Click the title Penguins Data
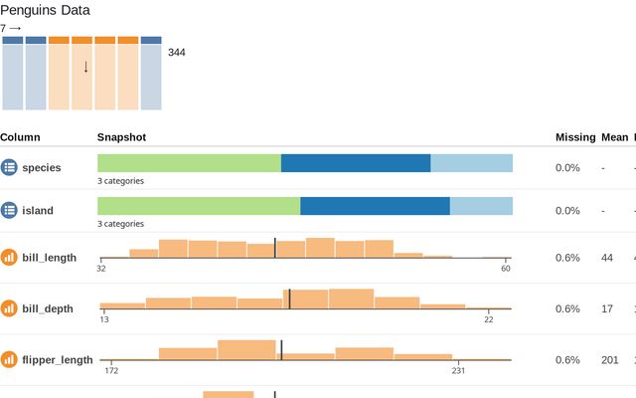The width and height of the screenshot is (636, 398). click(x=45, y=11)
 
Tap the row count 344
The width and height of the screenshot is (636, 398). click(x=176, y=53)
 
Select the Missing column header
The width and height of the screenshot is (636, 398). click(x=574, y=137)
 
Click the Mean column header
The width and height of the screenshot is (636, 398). click(x=614, y=137)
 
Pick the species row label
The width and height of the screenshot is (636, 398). click(x=42, y=168)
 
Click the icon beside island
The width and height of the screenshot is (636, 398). click(x=9, y=211)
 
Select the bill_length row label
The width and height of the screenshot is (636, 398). click(x=49, y=258)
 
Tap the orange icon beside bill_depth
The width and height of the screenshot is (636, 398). click(x=9, y=308)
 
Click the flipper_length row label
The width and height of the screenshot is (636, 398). click(x=58, y=359)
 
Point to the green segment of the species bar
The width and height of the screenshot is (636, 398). click(x=189, y=163)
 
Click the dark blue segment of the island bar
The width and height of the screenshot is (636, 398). click(x=375, y=206)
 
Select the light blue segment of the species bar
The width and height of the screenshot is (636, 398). click(x=471, y=163)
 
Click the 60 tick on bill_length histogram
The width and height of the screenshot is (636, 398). click(x=505, y=269)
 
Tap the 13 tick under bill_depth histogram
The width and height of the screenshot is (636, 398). click(x=104, y=319)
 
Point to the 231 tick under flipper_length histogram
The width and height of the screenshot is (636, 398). click(x=458, y=370)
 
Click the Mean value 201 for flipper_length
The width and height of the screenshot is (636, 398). click(x=610, y=359)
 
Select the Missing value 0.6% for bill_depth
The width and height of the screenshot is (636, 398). click(x=567, y=308)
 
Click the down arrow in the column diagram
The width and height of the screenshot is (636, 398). click(x=85, y=67)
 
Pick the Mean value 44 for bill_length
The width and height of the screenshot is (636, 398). click(x=607, y=258)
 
